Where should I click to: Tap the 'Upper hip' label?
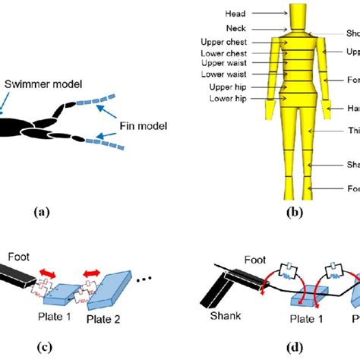coord(229,87)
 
